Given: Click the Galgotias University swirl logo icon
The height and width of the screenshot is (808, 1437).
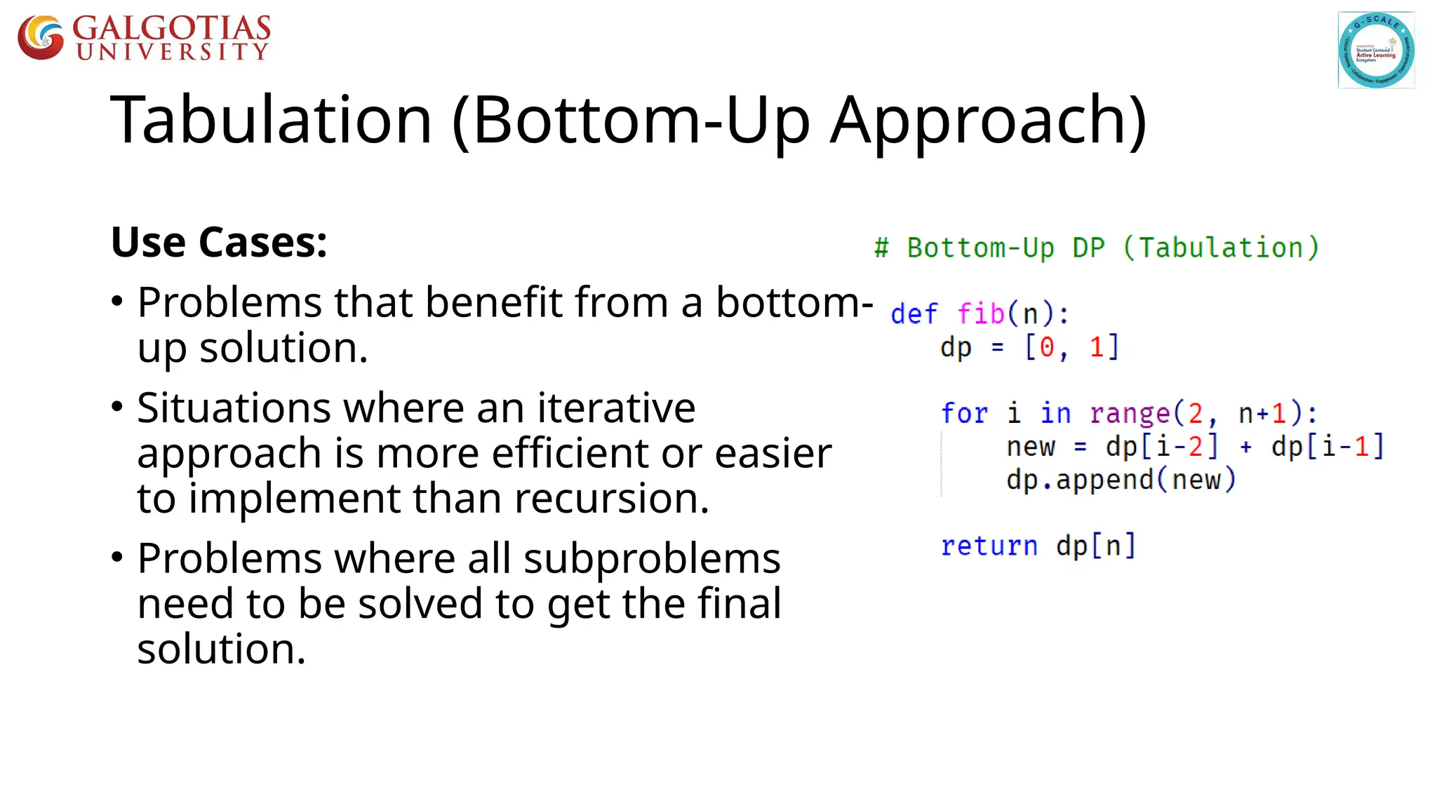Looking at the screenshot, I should (41, 37).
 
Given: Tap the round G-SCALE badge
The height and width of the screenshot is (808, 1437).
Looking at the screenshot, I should (1375, 50).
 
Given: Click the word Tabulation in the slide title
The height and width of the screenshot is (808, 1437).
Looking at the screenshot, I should (271, 120).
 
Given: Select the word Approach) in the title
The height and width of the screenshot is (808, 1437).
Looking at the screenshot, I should (988, 120).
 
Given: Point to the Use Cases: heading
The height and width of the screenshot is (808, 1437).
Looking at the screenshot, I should (219, 243).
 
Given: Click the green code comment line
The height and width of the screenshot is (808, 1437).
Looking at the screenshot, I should (1096, 248).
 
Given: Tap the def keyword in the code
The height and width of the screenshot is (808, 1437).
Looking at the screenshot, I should (914, 314).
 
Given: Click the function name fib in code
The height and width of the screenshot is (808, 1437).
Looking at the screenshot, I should (981, 314).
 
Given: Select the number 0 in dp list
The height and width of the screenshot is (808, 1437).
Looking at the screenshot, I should (1046, 347).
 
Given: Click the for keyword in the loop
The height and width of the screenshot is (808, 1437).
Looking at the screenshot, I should (963, 413).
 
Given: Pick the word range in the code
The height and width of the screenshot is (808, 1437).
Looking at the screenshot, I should (1130, 413).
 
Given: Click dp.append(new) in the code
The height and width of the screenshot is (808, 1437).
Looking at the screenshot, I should (1121, 480).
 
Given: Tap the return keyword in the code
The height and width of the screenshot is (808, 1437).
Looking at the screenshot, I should (989, 546).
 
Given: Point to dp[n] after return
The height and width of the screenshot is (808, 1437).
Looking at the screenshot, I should (1095, 546).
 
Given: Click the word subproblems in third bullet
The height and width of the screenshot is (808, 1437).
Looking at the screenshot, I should (652, 559).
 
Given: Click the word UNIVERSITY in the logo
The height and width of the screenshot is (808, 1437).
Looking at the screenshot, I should (173, 52).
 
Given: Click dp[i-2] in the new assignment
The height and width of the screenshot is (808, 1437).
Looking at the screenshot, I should (1161, 447).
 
